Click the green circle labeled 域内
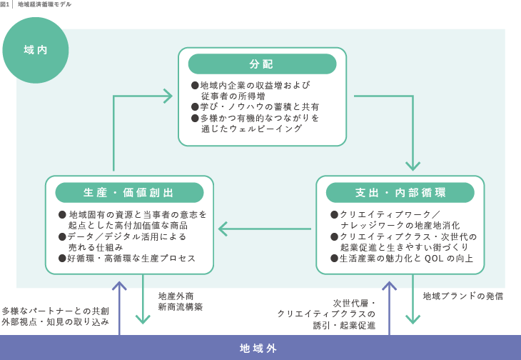pos(36,50)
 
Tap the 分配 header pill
pos(262,64)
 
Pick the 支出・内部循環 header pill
pos(400,193)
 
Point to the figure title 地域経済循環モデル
pos(44,4)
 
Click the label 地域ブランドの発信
pos(463,296)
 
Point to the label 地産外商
pos(176,296)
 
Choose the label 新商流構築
pos(181,307)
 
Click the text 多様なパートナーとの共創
pos(55,311)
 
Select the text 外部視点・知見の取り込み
pos(55,322)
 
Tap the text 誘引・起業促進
pos(344,325)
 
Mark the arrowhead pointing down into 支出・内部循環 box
pos(413,166)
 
